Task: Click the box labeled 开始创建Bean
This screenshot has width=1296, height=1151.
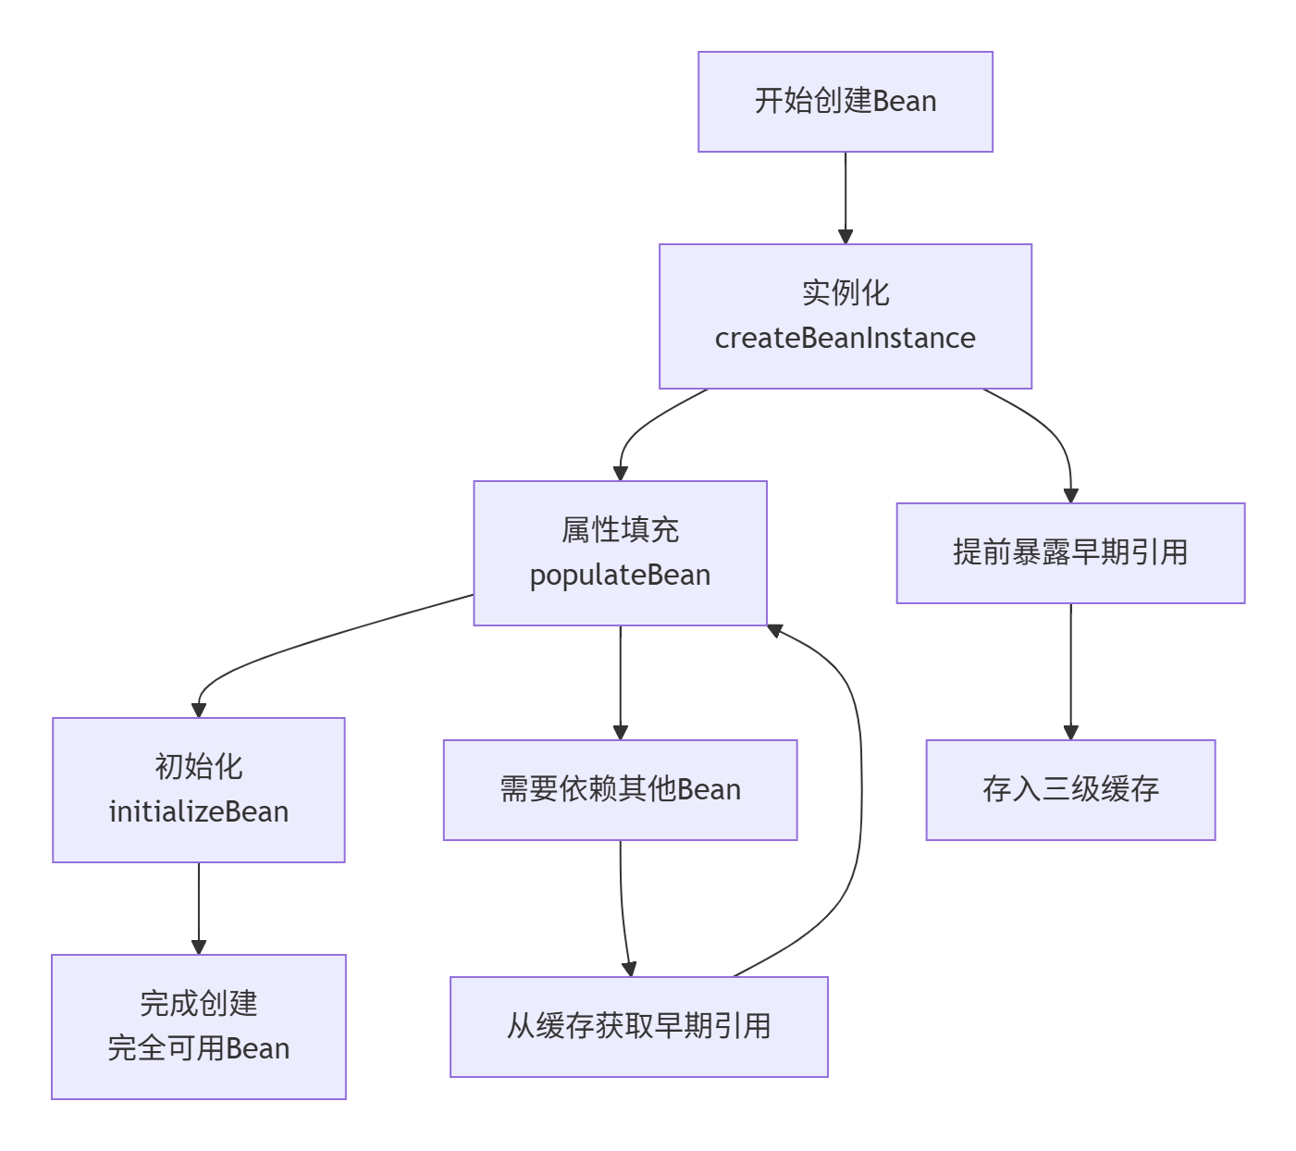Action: click(845, 102)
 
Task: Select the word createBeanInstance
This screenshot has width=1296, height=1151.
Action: click(845, 339)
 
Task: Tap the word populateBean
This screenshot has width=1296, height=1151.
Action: click(620, 575)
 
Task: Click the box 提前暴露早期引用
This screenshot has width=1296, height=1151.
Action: click(1070, 553)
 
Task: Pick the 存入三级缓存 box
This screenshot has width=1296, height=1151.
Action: click(1070, 790)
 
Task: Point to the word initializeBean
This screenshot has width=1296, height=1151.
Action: click(199, 812)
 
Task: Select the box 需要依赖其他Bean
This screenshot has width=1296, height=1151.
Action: click(620, 790)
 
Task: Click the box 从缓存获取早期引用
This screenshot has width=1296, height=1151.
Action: click(638, 1027)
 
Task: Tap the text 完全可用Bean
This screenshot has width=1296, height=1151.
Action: click(199, 1049)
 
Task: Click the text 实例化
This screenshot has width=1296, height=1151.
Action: click(845, 293)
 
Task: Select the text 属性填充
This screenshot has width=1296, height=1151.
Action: click(620, 530)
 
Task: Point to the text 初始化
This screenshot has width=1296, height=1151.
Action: click(199, 767)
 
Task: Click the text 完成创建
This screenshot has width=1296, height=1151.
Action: click(199, 1004)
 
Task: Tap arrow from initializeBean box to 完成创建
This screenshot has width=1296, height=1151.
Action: click(199, 908)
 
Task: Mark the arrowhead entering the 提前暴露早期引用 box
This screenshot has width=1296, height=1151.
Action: click(1070, 496)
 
